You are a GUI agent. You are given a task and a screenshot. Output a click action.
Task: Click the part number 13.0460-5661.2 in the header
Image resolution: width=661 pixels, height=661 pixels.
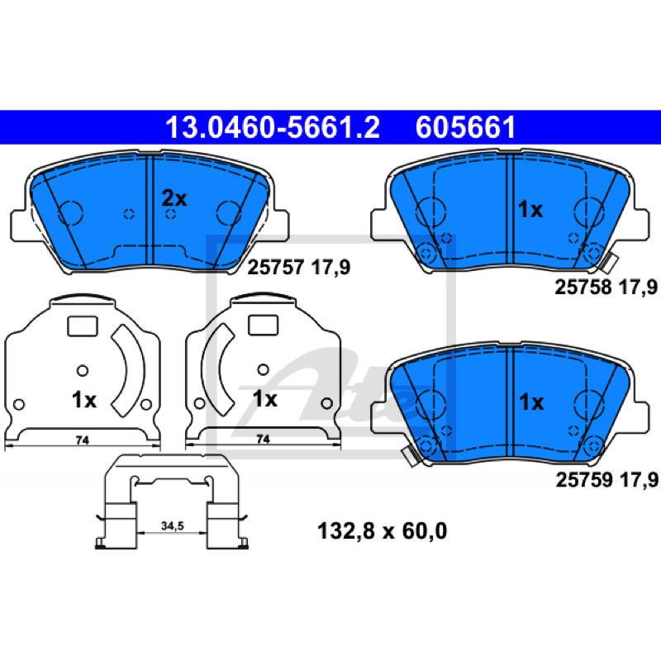point(273,128)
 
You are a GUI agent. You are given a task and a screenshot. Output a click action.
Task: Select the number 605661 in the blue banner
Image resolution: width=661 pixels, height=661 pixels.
point(465,128)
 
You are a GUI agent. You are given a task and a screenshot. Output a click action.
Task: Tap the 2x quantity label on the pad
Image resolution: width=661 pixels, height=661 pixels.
point(174,198)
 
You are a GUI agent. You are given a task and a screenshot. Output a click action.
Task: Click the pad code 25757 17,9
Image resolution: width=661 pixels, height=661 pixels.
point(298,267)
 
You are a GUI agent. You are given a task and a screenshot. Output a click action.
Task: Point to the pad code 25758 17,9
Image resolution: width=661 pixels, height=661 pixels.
point(606,287)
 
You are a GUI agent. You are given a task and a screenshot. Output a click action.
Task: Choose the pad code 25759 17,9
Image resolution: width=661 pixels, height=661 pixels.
point(606,480)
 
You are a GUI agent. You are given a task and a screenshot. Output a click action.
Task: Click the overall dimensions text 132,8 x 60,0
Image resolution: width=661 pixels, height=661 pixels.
point(382,531)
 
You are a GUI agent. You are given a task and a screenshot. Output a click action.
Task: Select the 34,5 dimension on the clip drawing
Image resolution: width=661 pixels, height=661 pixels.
point(173,525)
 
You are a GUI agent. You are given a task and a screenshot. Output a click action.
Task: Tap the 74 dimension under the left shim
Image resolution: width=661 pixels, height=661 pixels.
point(82,440)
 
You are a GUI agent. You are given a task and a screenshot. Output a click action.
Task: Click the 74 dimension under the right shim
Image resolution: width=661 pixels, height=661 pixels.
point(263,440)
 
